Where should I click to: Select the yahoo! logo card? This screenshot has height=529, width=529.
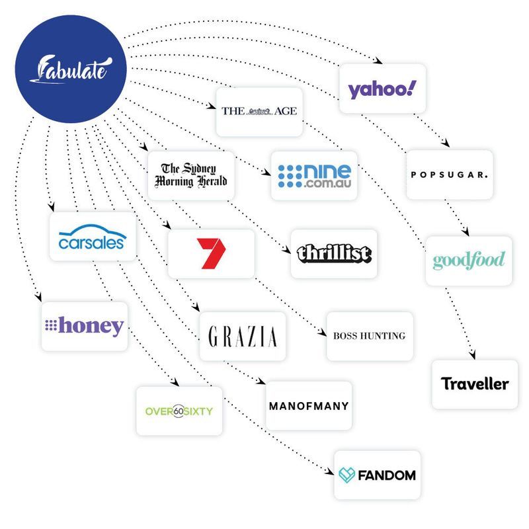[x=382, y=88]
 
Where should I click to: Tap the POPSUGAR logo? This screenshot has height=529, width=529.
[x=449, y=175]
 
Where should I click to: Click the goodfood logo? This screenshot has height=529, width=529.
[x=468, y=261]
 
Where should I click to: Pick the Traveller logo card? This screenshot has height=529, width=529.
[x=475, y=384]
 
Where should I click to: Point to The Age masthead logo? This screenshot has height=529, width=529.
[x=259, y=111]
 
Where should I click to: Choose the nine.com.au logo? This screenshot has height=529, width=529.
[x=314, y=175]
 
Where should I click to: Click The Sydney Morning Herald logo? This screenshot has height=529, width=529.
[x=190, y=175]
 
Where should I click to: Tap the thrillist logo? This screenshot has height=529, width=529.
[x=334, y=254]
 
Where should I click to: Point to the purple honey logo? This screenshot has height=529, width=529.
[x=84, y=326]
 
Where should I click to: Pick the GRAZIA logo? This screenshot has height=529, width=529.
[x=243, y=337]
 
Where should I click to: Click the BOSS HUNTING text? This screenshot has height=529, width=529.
[x=370, y=336]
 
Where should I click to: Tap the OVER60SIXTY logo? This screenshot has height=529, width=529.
[x=179, y=411]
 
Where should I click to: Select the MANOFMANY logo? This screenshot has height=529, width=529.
[x=309, y=405]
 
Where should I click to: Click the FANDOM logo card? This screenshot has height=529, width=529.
[x=377, y=475]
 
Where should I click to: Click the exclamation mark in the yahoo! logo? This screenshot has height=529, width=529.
[x=413, y=87]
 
